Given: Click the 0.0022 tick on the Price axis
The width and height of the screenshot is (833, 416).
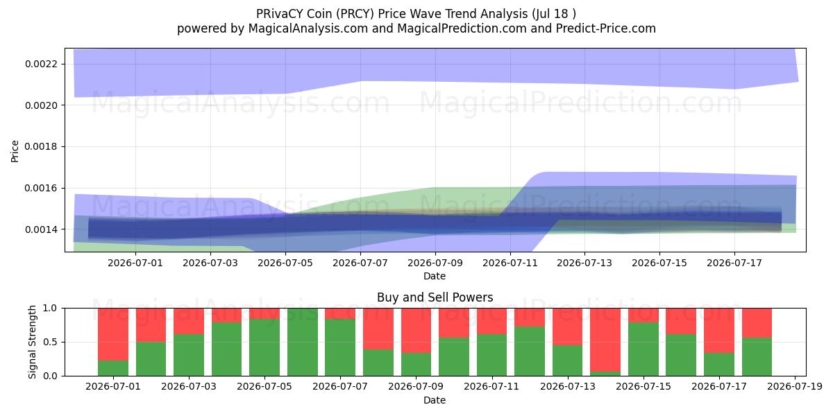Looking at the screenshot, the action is coord(41,64).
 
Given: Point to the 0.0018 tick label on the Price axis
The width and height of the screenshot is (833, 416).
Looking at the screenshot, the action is coord(41,147).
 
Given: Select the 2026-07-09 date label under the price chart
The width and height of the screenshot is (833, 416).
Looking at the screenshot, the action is coord(435,263).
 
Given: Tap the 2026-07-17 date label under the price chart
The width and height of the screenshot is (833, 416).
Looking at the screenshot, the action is coord(734,263).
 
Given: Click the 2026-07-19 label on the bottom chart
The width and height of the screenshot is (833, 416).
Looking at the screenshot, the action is coord(795,387).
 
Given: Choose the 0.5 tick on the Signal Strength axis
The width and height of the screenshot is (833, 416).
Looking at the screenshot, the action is coord(51,342).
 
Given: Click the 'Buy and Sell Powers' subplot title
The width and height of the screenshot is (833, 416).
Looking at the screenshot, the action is coord(435,297).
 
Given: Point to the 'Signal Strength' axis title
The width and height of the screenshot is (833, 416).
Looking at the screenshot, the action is coord(33,342).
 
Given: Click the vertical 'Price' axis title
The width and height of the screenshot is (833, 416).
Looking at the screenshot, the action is coord(15,151).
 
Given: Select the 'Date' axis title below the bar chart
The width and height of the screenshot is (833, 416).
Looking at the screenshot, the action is coord(435,400).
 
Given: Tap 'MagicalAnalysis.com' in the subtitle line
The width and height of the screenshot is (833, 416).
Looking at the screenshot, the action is coord(308,28).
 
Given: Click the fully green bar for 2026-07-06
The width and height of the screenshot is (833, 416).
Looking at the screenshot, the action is coord(303,342).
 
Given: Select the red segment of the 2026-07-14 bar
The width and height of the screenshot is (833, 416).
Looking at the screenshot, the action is coord(605,340).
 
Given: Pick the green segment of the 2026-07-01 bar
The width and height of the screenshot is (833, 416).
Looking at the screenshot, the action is coord(113,368).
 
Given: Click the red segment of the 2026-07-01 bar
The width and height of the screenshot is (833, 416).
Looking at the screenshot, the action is coord(113,334).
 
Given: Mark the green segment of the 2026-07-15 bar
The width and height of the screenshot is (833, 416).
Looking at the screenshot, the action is coord(643,349).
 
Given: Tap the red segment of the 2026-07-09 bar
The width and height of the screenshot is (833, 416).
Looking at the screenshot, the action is coord(416,331).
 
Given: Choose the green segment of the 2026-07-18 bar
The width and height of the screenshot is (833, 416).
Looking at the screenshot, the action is coord(757,356).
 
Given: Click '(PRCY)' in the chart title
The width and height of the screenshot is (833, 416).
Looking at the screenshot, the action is coord(355,14).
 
